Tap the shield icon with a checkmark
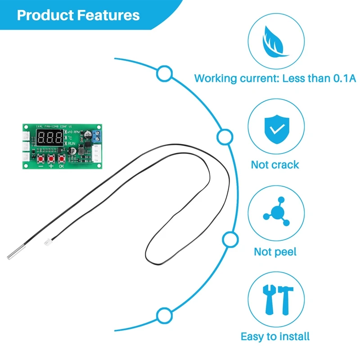(276, 128)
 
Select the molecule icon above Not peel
(276, 212)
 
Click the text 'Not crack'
(275, 165)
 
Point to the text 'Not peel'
(275, 252)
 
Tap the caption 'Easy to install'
(275, 336)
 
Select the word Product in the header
(45, 15)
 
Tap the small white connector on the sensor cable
(47, 243)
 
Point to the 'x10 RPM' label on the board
(74, 132)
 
